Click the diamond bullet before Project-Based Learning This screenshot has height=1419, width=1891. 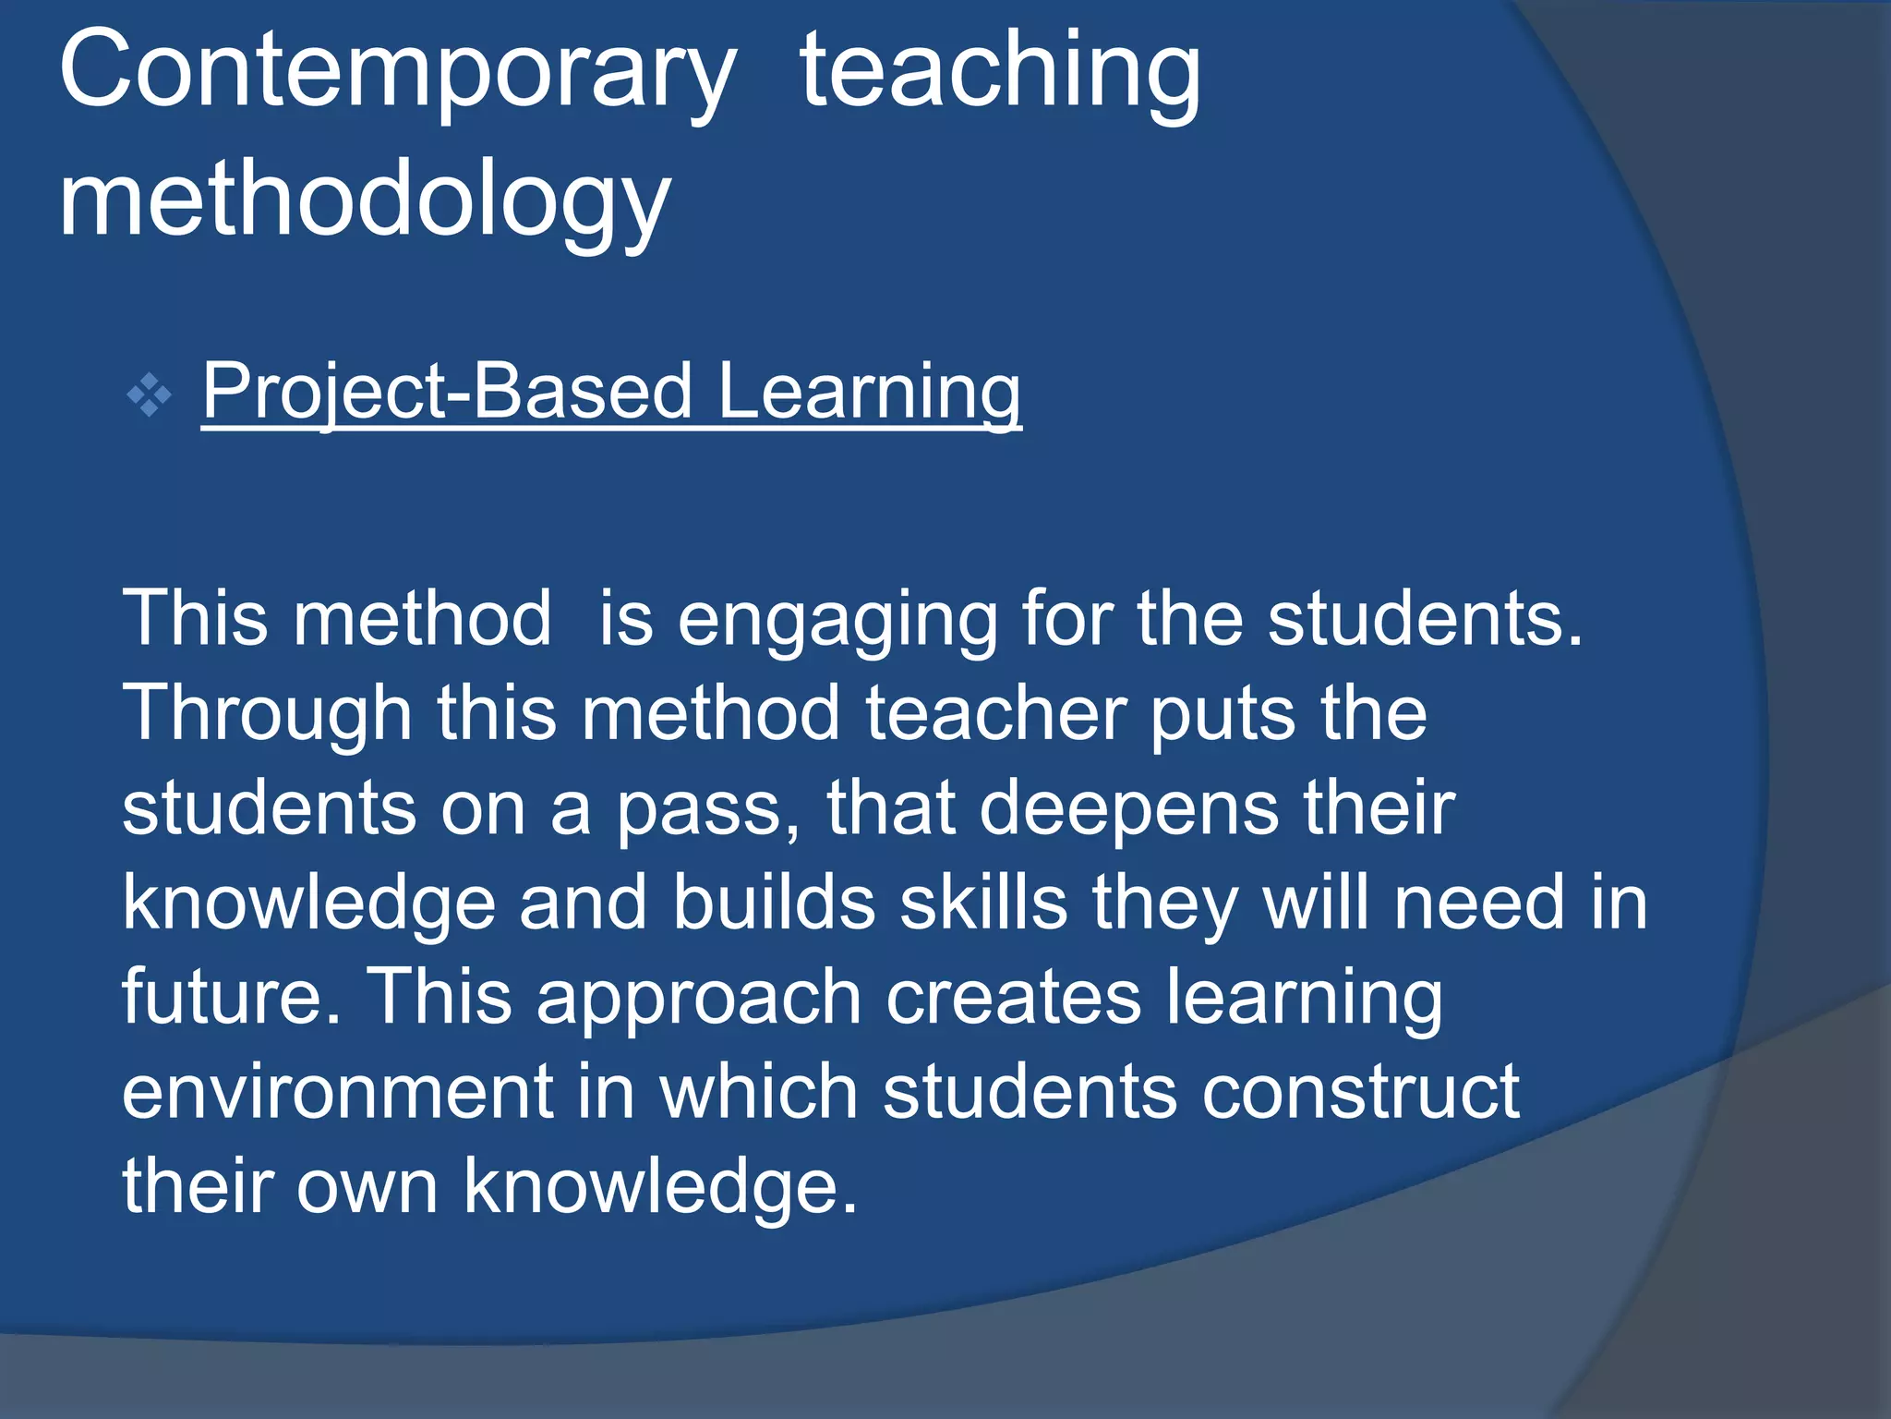click(150, 396)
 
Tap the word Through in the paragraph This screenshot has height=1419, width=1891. click(267, 715)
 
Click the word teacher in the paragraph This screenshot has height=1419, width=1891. click(995, 715)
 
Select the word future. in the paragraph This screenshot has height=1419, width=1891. click(232, 999)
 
